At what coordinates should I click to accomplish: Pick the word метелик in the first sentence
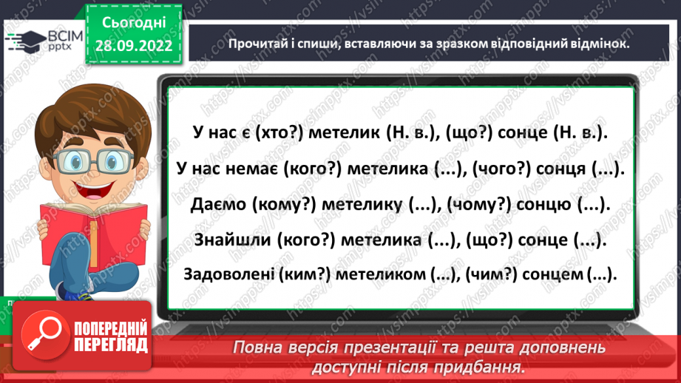tap(344, 134)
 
